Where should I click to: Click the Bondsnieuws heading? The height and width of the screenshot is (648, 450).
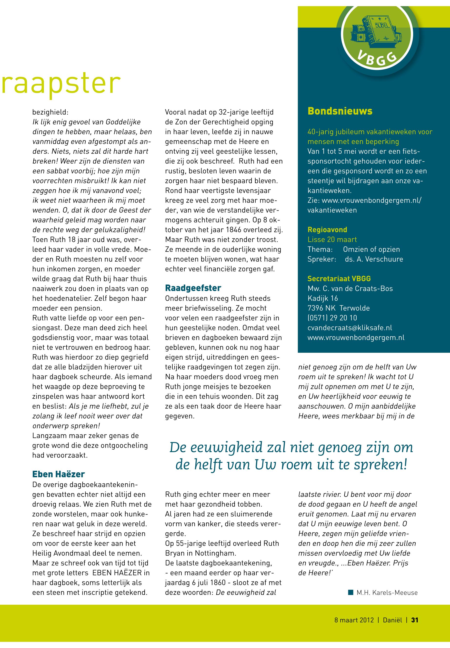click(340, 111)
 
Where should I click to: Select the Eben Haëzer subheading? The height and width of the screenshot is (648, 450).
click(58, 474)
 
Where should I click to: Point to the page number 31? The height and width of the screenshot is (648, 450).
click(414, 620)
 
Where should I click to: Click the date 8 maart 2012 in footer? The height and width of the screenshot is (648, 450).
click(354, 620)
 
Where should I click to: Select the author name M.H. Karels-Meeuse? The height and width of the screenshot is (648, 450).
click(387, 592)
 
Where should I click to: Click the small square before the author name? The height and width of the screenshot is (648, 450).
click(351, 592)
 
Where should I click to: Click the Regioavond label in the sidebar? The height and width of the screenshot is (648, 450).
click(327, 230)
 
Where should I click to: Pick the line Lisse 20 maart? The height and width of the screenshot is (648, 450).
click(332, 240)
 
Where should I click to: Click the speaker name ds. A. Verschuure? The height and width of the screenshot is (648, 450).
click(374, 259)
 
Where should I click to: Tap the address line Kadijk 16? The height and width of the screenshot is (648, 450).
click(322, 298)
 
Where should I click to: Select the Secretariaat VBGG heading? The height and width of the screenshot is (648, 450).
click(339, 279)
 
